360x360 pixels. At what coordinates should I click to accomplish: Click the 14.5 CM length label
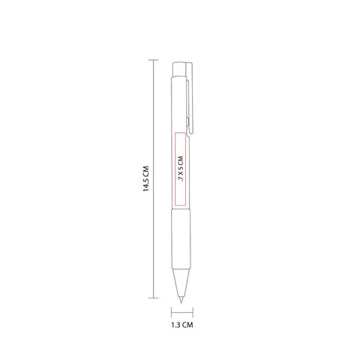click(x=146, y=178)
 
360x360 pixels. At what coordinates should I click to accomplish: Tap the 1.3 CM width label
click(x=182, y=325)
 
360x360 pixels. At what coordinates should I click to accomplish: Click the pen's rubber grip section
click(x=181, y=238)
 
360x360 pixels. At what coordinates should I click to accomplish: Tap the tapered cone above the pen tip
click(x=181, y=283)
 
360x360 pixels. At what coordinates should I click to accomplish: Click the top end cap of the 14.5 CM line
click(x=153, y=60)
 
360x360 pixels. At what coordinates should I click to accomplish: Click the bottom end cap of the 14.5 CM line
click(x=153, y=298)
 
